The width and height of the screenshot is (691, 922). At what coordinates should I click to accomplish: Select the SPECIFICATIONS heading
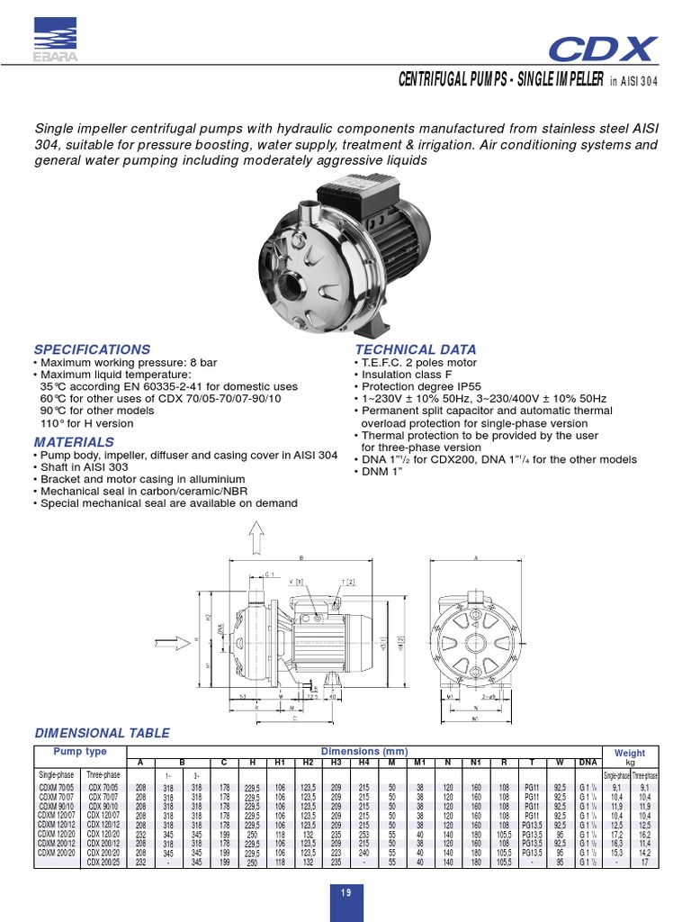pyautogui.click(x=92, y=349)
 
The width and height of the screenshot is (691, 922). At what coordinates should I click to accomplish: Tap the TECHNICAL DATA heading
pyautogui.click(x=416, y=349)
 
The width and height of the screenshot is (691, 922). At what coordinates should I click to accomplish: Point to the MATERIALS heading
pyautogui.click(x=74, y=442)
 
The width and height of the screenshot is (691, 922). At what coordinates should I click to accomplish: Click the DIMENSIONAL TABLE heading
pyautogui.click(x=101, y=732)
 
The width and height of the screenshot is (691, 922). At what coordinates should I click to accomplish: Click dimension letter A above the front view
pyautogui.click(x=475, y=558)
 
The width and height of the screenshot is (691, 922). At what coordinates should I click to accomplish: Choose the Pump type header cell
pyautogui.click(x=80, y=751)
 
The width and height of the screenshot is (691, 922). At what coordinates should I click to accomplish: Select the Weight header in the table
pyautogui.click(x=629, y=752)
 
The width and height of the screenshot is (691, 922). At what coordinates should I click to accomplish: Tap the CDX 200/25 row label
pyautogui.click(x=103, y=862)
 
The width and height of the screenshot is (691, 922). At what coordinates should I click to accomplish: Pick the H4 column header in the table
pyautogui.click(x=364, y=763)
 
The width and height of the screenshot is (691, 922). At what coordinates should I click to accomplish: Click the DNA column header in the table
pyautogui.click(x=586, y=763)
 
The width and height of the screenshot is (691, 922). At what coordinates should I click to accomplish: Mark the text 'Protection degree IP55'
pyautogui.click(x=419, y=385)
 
